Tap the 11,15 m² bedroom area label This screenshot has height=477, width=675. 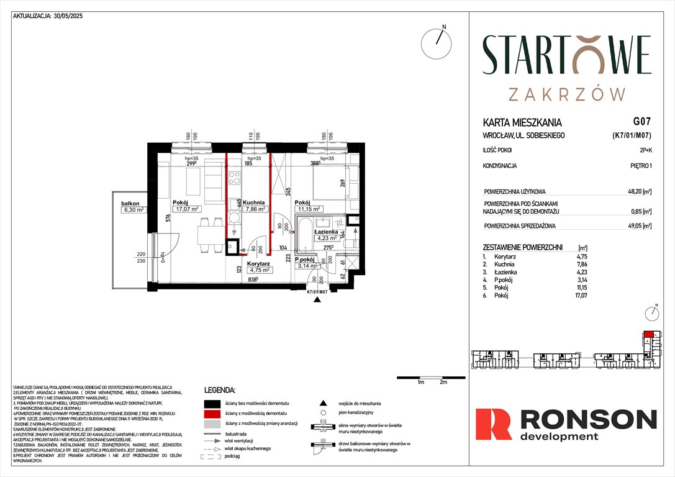coord(307,209)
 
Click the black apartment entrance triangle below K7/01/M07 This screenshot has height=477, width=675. coord(318,299)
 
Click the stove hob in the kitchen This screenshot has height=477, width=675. coord(235,178)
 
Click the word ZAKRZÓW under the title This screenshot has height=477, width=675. coord(566,94)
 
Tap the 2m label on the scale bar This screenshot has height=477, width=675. coord(443,383)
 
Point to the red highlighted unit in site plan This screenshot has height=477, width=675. coord(648,334)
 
